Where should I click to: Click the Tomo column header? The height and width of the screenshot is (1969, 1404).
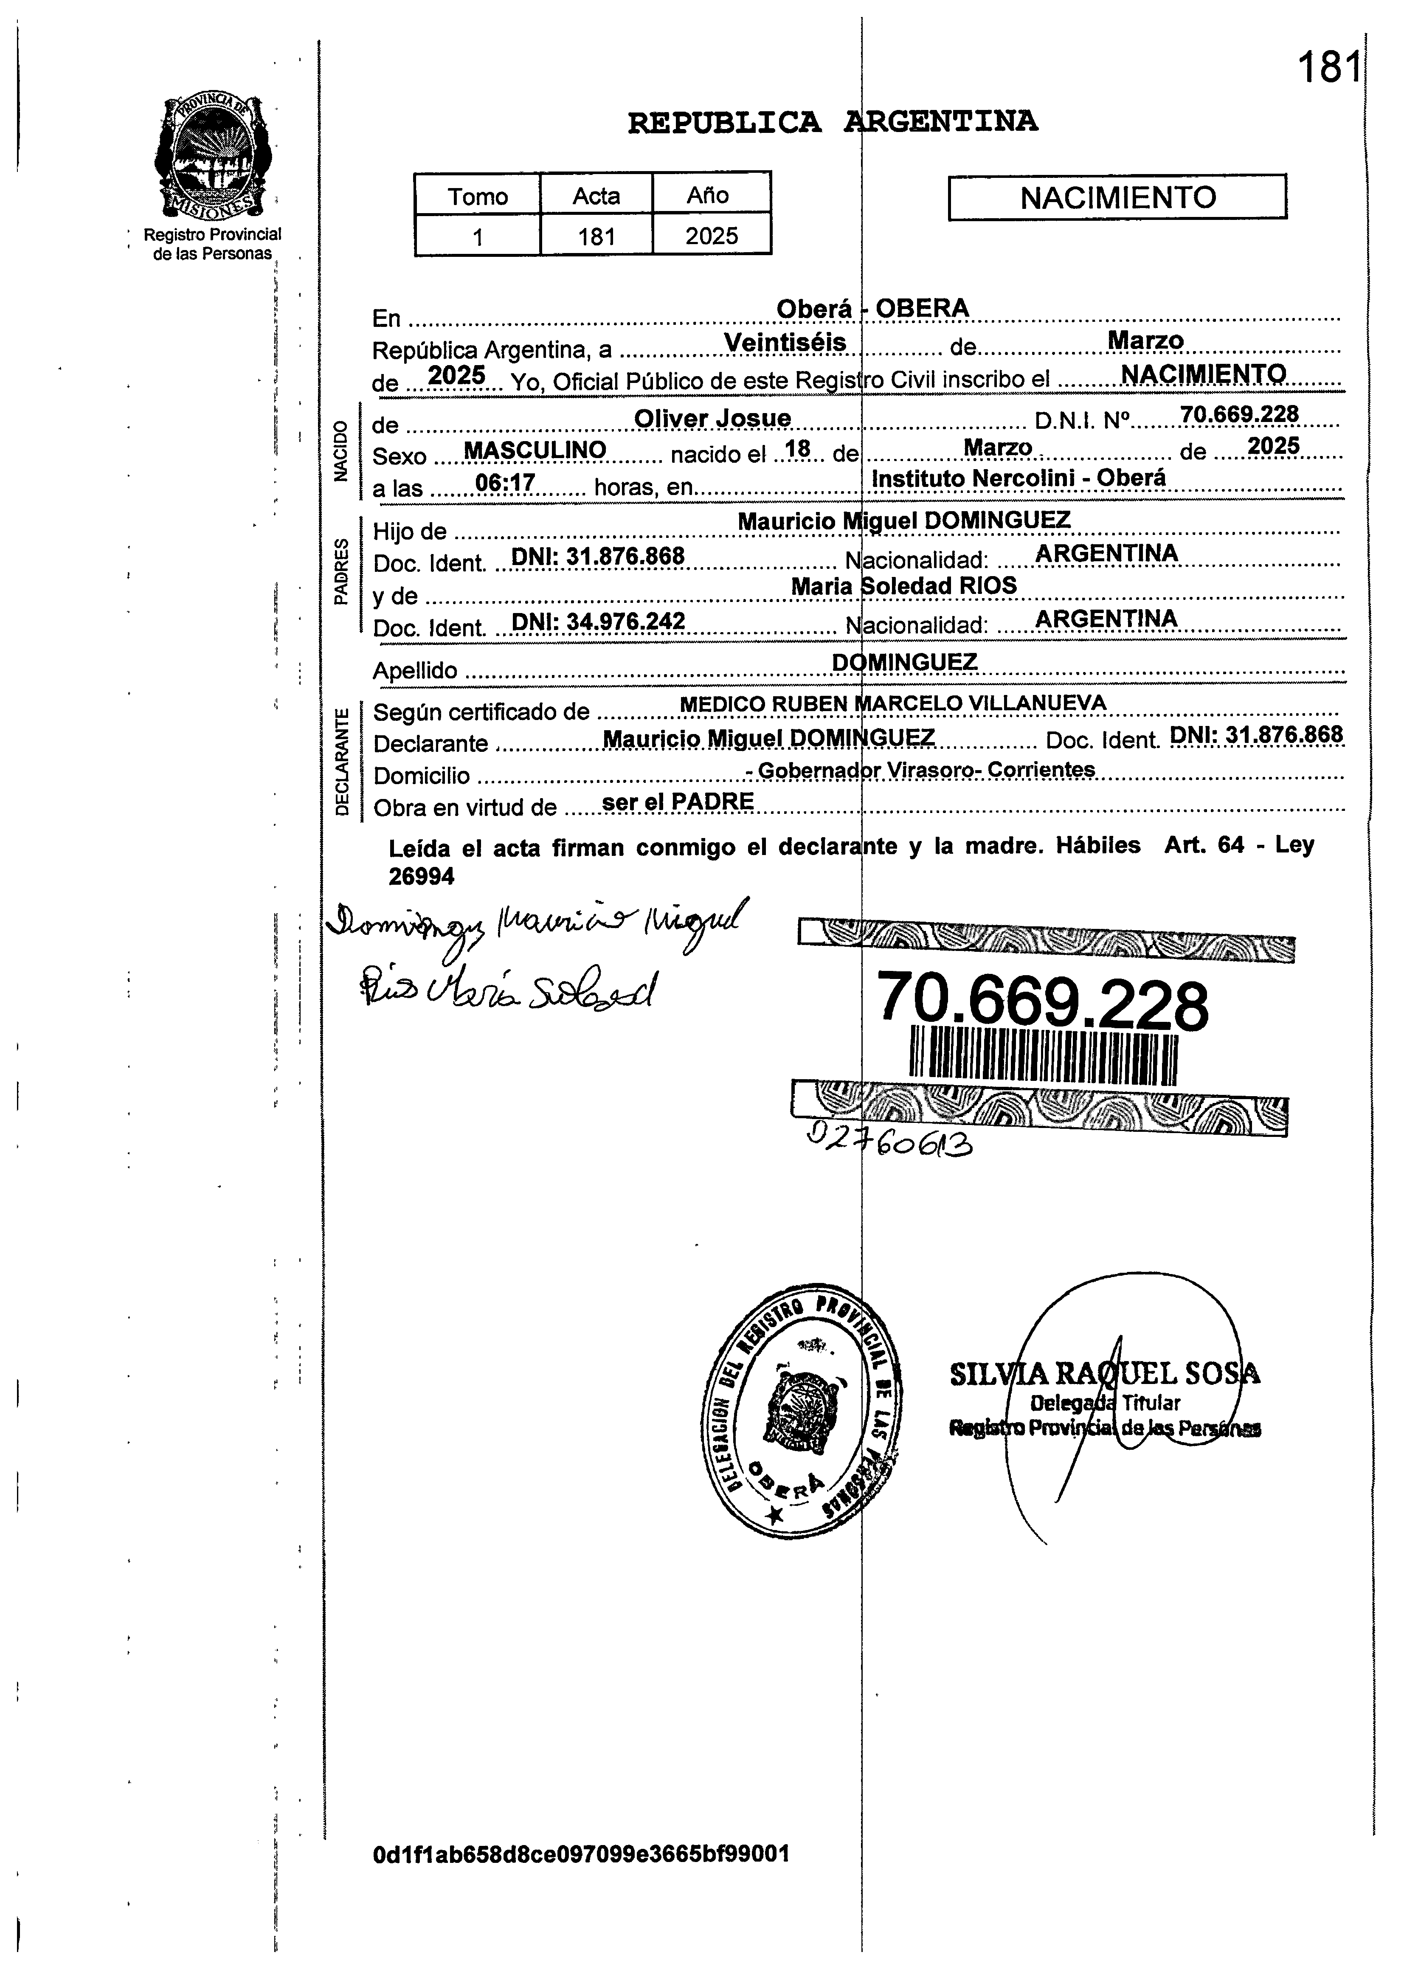(477, 196)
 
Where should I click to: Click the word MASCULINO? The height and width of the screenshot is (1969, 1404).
(535, 450)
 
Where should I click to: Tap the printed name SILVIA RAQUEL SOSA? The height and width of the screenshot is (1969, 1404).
(1104, 1374)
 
